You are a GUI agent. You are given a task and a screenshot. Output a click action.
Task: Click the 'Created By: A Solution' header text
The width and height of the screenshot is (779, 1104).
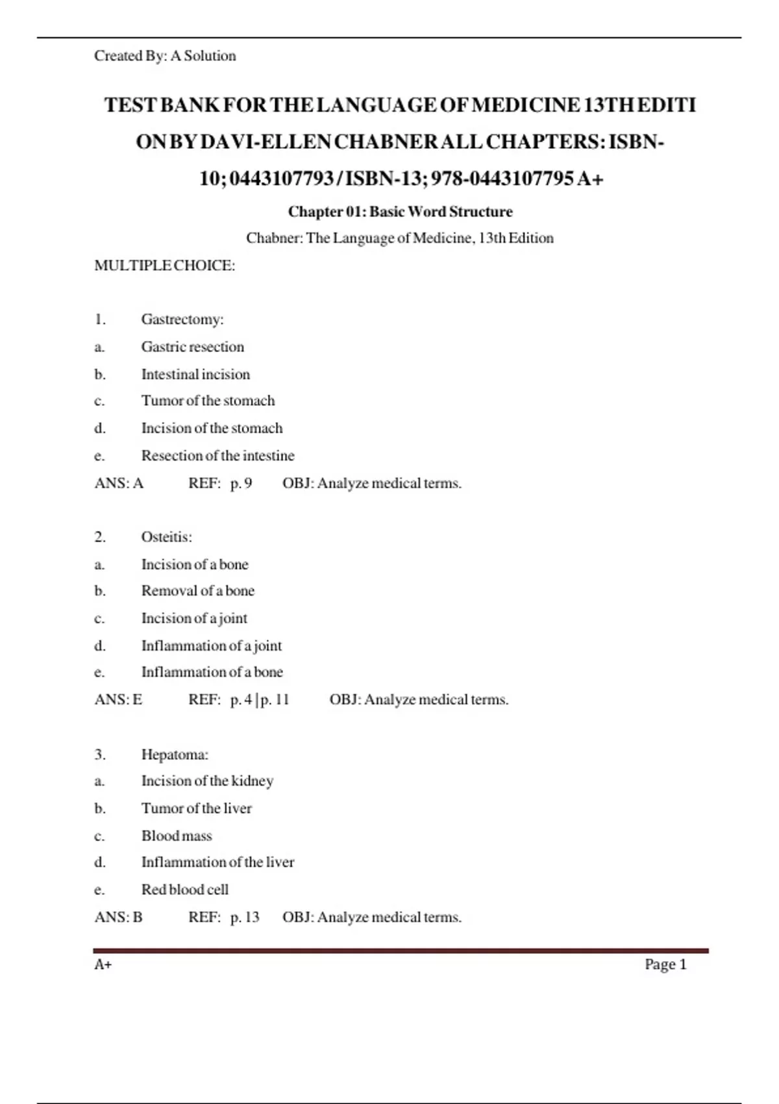point(165,56)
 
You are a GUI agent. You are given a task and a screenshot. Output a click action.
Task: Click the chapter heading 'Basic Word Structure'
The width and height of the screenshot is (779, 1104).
point(400,212)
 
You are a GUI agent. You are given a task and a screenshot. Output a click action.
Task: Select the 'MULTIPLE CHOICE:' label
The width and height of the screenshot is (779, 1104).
point(164,266)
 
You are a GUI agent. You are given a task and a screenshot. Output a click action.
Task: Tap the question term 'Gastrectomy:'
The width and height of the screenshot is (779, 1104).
point(182,320)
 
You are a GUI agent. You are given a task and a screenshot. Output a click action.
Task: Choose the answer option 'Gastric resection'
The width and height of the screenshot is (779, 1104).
point(193,347)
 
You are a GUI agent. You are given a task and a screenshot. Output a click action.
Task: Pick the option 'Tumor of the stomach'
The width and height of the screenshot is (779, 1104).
point(208,401)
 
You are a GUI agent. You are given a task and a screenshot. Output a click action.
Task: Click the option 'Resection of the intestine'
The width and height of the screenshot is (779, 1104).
point(217,456)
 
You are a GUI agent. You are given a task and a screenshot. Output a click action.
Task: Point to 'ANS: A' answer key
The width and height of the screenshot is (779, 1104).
point(119,483)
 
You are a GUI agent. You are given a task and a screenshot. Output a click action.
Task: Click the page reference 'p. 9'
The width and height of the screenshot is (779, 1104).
point(241,483)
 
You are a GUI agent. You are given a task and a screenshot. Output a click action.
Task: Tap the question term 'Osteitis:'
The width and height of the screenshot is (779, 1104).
point(167,537)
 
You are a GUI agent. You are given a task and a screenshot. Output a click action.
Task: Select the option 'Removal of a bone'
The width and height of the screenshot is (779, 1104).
point(198,591)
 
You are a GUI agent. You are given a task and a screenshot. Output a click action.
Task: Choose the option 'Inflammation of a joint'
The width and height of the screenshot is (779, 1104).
point(212,646)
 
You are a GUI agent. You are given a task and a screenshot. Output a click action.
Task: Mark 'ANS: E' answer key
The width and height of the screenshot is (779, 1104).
point(118,699)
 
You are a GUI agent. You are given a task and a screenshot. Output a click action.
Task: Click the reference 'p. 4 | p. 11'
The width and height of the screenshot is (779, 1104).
point(260,699)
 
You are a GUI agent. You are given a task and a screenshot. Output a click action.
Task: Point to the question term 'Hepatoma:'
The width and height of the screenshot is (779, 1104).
point(175,755)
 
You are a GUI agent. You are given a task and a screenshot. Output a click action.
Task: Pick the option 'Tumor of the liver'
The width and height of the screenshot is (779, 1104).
point(197,809)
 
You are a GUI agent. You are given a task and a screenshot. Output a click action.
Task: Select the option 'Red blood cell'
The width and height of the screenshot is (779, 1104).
point(185,890)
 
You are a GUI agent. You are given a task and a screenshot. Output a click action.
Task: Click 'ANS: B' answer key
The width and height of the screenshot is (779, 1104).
point(118,917)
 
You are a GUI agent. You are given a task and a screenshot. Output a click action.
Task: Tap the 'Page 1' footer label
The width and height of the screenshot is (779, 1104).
point(665,964)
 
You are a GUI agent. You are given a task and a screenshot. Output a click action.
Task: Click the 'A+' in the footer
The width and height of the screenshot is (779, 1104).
point(103,964)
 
